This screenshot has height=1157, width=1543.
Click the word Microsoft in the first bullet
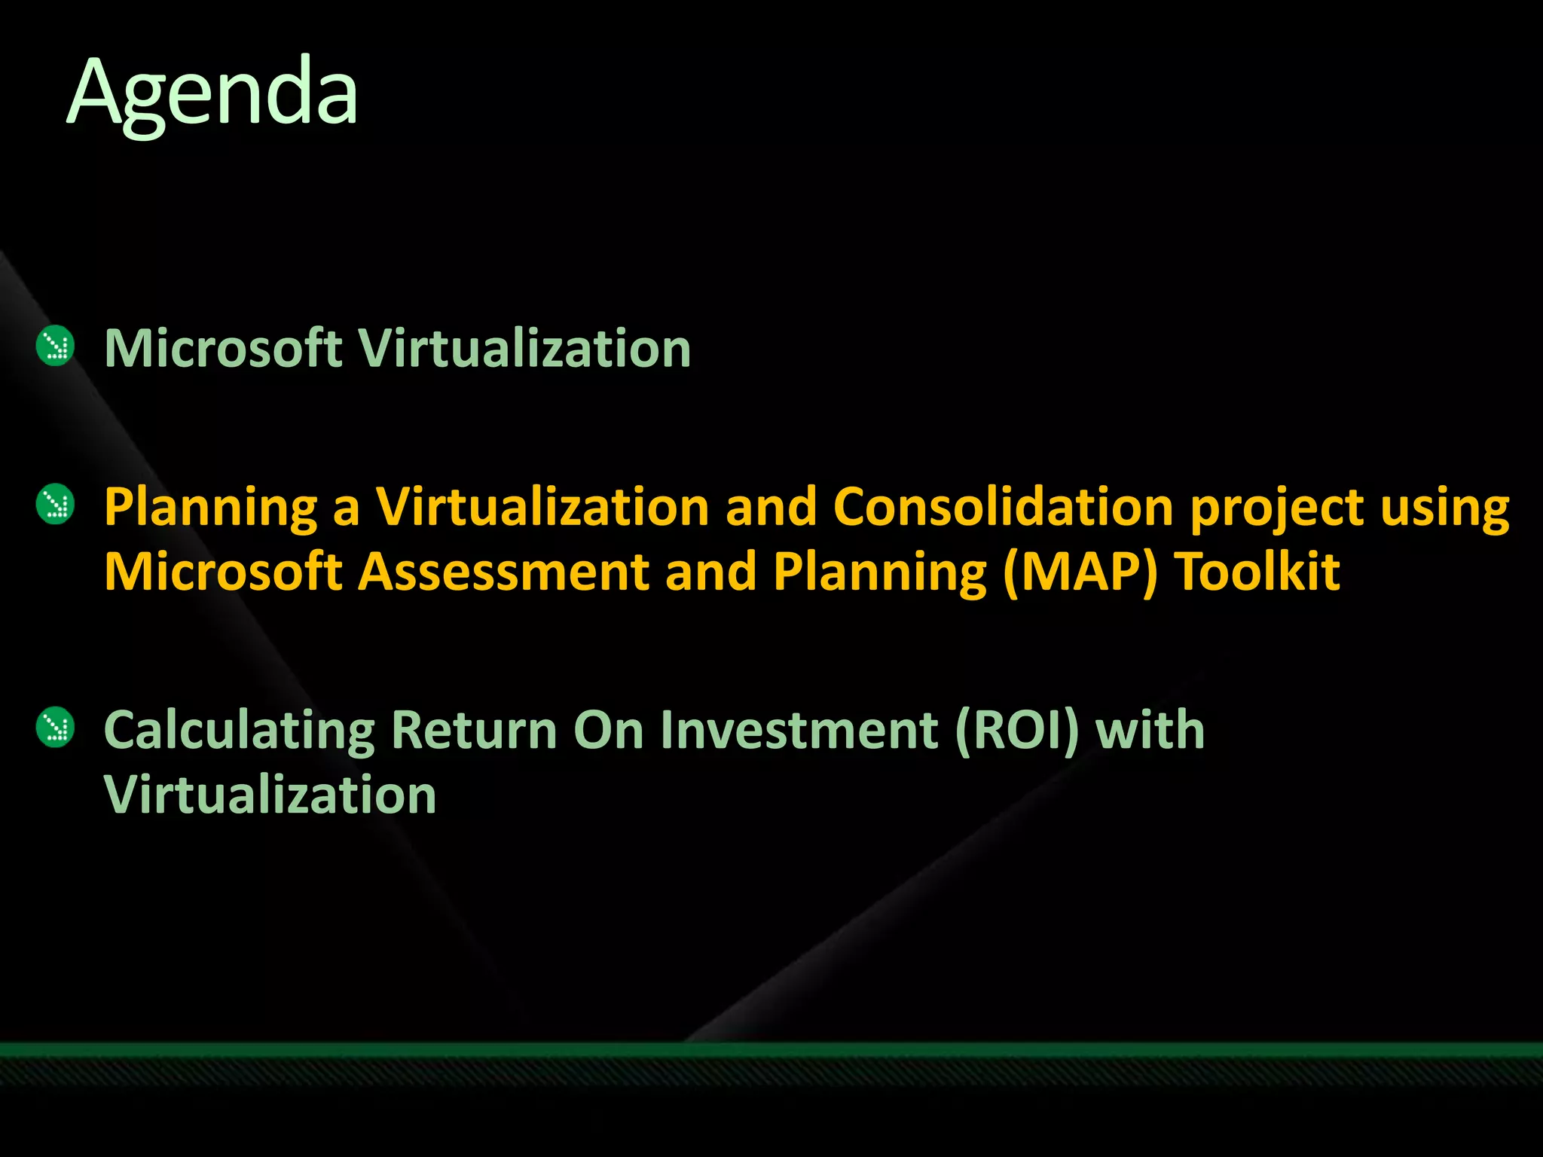click(223, 349)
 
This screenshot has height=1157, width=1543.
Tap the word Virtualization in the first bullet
click(524, 349)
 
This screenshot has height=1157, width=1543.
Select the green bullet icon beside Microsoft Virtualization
click(55, 347)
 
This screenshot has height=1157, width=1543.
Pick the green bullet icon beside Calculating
click(55, 728)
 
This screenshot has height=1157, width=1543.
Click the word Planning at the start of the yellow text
click(210, 508)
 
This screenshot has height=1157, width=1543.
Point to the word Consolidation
click(1003, 506)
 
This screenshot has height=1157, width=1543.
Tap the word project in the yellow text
click(1276, 508)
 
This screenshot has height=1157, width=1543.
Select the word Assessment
click(503, 571)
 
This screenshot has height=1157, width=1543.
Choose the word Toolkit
click(1257, 571)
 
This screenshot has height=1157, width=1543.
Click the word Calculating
click(239, 731)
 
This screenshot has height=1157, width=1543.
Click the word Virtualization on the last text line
click(270, 795)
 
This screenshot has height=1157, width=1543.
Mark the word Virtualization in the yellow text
click(542, 506)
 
